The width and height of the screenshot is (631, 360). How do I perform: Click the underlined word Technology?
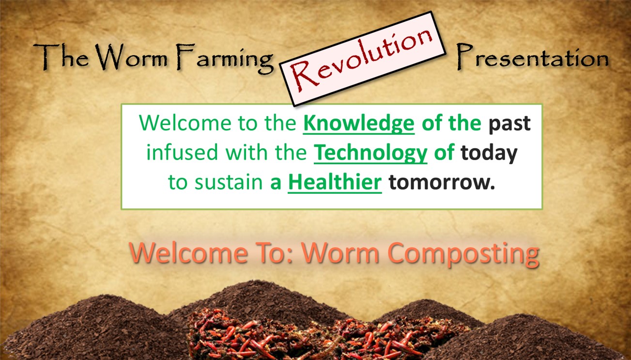point(370,154)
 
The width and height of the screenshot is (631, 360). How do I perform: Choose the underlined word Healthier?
point(335,184)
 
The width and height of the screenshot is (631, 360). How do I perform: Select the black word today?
point(489,154)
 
